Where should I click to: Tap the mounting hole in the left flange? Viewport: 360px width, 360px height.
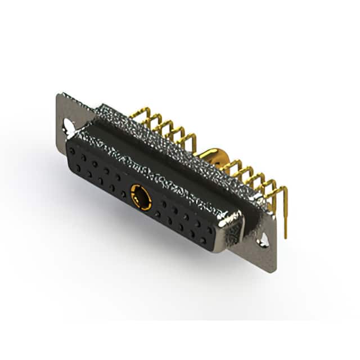click(69, 123)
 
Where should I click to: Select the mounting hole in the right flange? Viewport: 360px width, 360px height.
click(263, 242)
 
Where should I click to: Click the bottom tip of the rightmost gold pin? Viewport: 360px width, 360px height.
click(285, 236)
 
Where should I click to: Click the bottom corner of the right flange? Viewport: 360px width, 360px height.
click(274, 272)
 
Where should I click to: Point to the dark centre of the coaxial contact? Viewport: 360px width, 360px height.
click(141, 197)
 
